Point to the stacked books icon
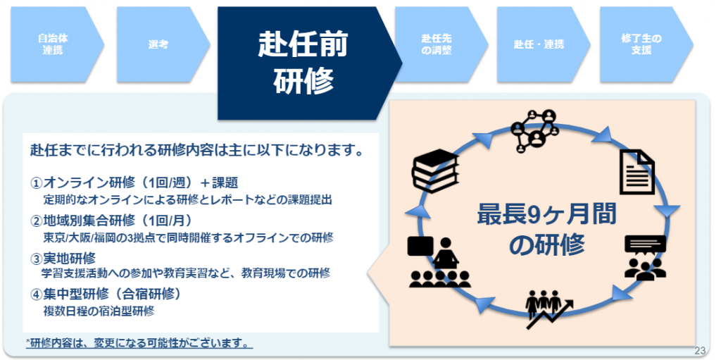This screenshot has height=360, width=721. tap(435, 169)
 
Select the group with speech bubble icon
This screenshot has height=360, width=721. tap(645, 257)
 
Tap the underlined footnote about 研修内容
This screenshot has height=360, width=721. tap(139, 343)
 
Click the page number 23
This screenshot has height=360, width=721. tap(701, 350)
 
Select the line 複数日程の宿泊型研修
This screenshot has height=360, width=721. tap(99, 311)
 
